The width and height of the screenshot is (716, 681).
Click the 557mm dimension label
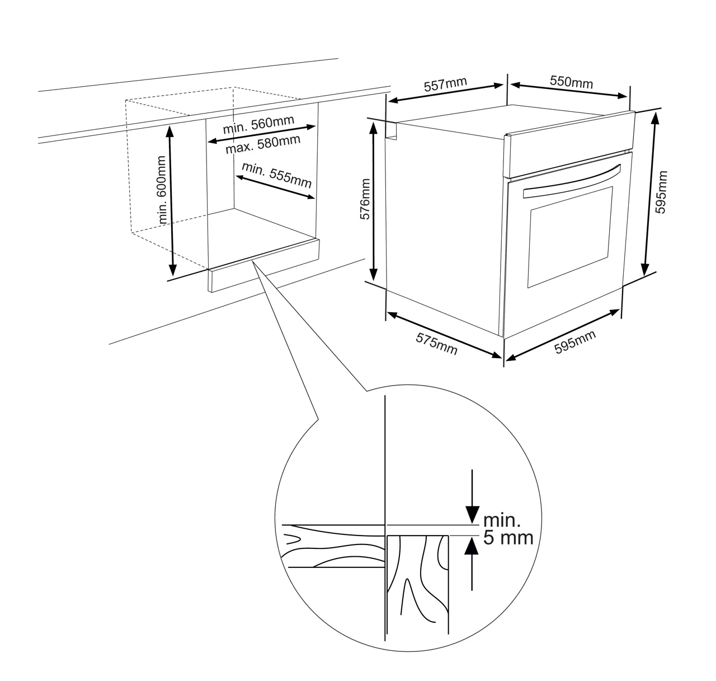click(445, 85)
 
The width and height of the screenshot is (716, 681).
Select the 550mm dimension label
click(571, 82)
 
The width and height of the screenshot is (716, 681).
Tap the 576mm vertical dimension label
click(366, 200)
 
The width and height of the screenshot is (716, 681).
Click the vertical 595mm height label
click(661, 192)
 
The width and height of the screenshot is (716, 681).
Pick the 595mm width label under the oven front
click(574, 342)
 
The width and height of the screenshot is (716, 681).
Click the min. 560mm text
click(258, 125)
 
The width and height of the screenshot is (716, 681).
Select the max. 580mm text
click(262, 144)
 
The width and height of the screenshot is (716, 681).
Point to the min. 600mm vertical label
click(162, 198)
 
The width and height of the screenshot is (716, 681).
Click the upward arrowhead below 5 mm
click(473, 547)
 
